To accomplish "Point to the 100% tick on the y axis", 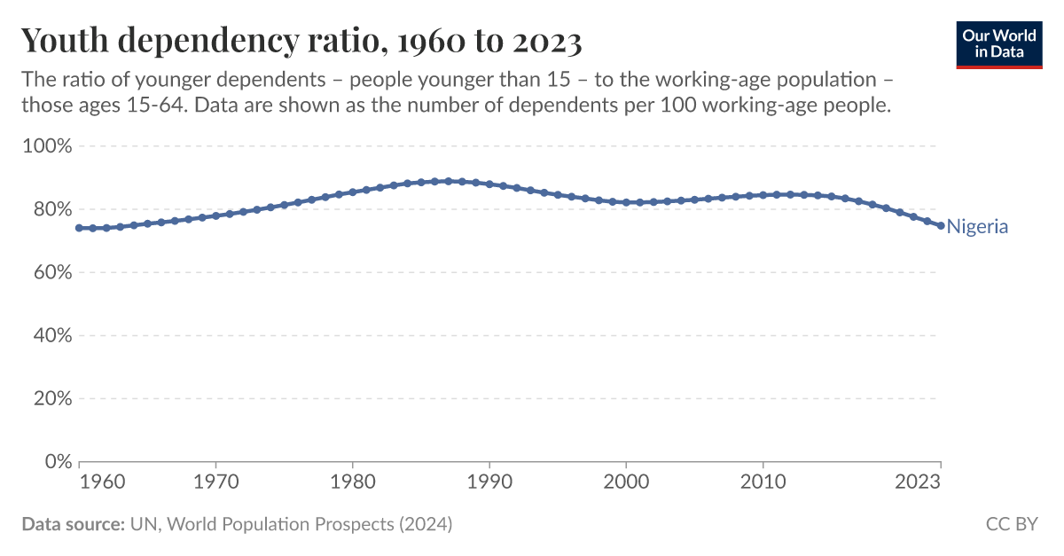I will coord(45,145).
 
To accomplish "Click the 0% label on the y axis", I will coord(55,462).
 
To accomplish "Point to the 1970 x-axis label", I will coord(215,482).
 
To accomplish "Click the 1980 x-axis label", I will coord(353,482).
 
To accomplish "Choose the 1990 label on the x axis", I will coord(489,482).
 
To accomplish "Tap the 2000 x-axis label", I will coord(626,482).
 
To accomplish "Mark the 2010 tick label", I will coord(763,482).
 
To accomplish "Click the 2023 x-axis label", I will coord(919,482).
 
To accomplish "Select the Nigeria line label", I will coord(977,226).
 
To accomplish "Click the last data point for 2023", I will coord(941,225).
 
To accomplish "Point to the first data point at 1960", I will coord(80,228).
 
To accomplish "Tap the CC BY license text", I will coord(1012,524).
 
